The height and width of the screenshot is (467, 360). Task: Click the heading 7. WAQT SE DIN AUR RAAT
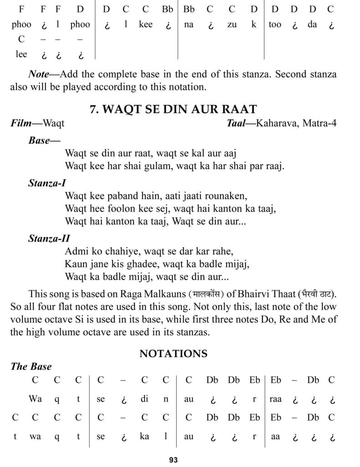[x=180, y=109]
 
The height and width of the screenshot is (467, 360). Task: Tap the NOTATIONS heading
[x=173, y=353]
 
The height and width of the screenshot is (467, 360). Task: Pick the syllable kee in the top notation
[x=146, y=24]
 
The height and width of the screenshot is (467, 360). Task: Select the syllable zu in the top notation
[x=232, y=24]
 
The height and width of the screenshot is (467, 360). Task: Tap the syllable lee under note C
[x=21, y=54]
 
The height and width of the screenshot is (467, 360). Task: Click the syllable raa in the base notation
[x=275, y=399]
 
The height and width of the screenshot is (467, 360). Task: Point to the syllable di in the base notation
[x=144, y=399]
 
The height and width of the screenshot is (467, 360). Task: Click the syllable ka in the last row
[x=144, y=436]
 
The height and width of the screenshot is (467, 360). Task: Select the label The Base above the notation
[x=31, y=367]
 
